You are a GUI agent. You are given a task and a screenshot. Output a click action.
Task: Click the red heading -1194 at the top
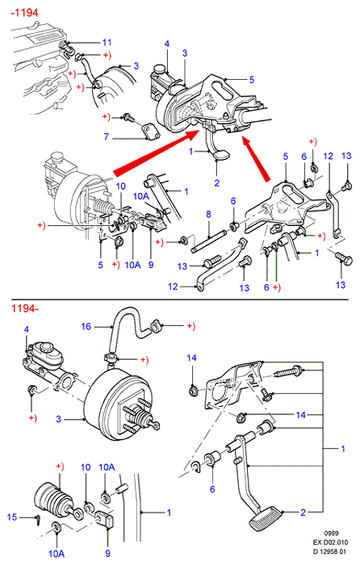24,13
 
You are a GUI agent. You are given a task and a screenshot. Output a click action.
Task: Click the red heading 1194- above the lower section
24,308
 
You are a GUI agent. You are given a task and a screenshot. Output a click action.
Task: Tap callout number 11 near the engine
107,43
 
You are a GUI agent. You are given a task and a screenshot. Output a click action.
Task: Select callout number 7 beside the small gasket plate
107,136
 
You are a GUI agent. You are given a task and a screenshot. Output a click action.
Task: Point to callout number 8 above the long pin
208,215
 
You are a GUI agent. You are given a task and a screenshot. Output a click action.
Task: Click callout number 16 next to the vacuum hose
86,326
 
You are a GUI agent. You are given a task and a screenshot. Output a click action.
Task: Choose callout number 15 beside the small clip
12,517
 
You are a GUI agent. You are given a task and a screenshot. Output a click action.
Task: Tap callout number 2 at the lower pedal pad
303,513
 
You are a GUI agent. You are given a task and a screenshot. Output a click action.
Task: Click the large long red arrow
157,153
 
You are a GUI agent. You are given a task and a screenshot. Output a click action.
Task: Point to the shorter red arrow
256,158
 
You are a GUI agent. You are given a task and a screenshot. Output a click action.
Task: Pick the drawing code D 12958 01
329,551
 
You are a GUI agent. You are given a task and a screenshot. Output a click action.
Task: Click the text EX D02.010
330,542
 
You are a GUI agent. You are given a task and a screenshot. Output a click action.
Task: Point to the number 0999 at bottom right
331,534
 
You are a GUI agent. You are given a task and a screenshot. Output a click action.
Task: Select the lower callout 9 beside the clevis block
107,553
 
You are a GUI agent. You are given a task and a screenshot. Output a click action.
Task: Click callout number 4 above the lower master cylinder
27,329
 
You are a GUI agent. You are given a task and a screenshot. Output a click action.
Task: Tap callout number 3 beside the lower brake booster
58,419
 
